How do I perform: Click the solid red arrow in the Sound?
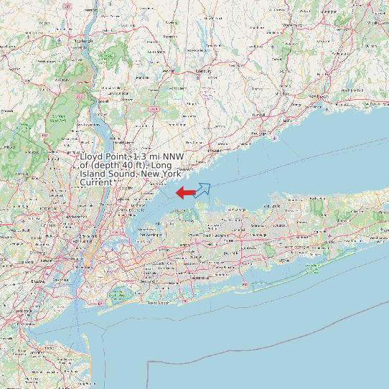click(184, 192)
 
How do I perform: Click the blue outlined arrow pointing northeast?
click(203, 189)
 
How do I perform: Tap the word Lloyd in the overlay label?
click(92, 156)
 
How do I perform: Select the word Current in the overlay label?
click(95, 182)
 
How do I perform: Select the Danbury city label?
click(205, 71)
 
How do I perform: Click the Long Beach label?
click(157, 302)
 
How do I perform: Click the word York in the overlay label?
click(170, 174)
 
